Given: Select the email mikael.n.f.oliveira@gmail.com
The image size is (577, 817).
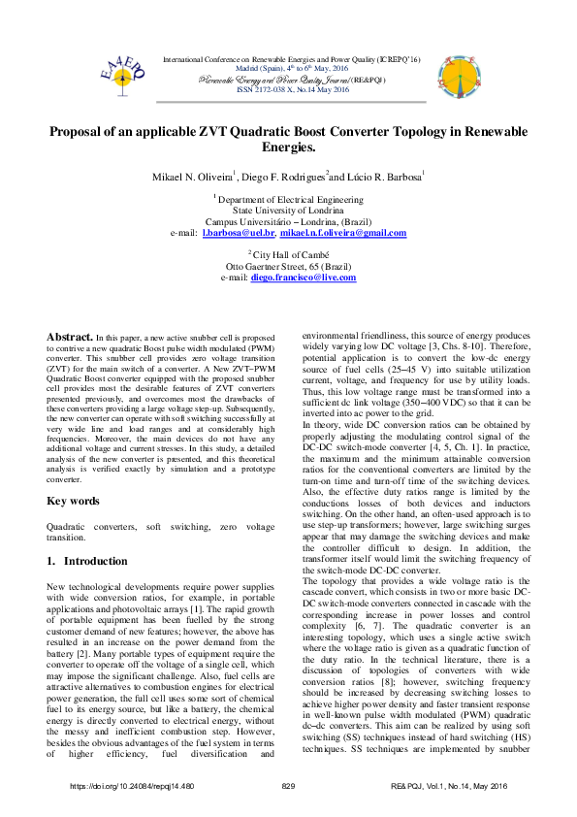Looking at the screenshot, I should pos(343,234).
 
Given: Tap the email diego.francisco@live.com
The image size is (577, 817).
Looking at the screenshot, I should pos(303,278).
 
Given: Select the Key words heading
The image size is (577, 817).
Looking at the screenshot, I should pos(74,501).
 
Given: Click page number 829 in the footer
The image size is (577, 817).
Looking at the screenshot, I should pos(288,785).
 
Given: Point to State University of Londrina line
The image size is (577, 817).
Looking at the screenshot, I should pos(288,209).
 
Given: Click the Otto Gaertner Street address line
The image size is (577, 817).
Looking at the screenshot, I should pos(288,265).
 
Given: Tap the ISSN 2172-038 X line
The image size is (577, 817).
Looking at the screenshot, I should pos(288,88).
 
